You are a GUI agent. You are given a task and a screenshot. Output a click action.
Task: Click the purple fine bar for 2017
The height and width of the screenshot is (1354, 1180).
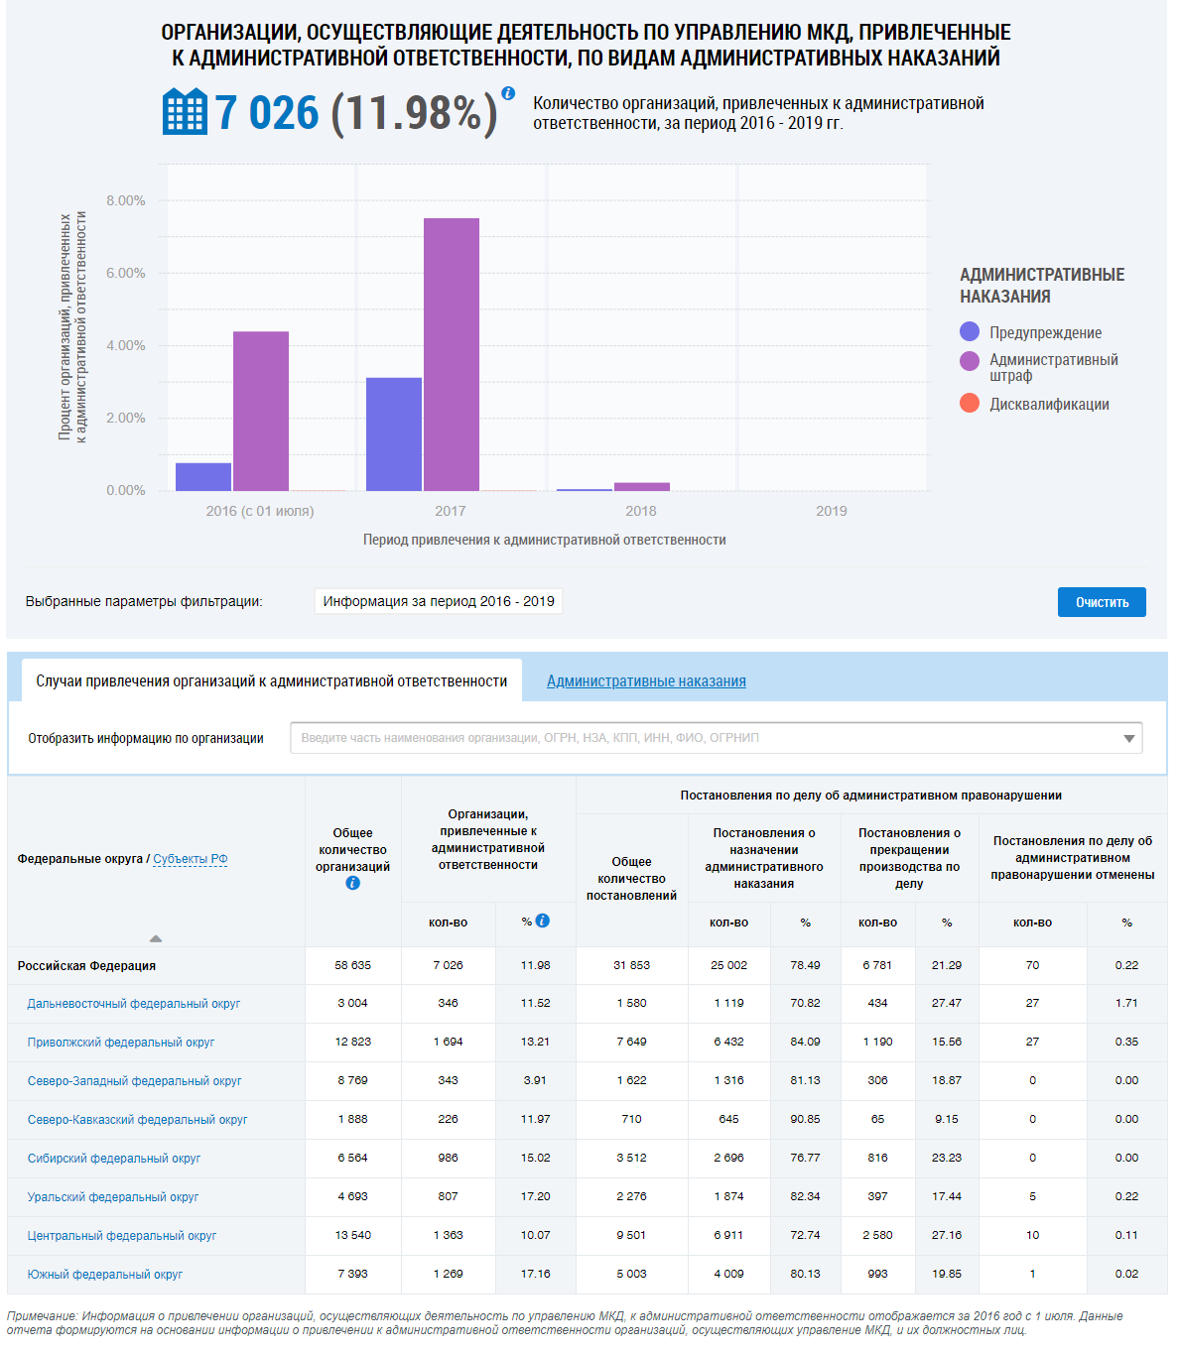(x=452, y=354)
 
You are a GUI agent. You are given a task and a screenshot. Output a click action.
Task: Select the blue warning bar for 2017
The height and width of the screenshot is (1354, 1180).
(x=394, y=433)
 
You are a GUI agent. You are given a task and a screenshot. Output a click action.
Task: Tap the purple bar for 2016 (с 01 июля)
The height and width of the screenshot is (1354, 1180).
(x=261, y=411)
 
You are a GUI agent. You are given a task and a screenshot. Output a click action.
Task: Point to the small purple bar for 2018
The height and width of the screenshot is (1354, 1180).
(x=642, y=486)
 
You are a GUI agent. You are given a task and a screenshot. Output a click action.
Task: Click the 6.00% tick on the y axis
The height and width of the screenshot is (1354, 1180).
(x=126, y=273)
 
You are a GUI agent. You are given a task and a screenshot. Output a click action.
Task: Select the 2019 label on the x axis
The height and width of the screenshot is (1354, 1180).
(x=832, y=511)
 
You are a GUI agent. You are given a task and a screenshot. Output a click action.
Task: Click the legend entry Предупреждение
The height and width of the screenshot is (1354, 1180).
(x=1045, y=332)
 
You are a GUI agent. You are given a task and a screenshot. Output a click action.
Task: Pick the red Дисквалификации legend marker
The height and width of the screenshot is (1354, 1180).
(x=970, y=403)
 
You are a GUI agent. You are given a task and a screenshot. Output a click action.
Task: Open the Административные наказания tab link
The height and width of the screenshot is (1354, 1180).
(x=646, y=681)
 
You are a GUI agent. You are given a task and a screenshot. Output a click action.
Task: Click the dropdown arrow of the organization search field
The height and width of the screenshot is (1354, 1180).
(x=1128, y=738)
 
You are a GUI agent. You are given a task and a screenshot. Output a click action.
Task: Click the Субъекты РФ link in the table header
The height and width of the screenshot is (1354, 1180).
(x=190, y=859)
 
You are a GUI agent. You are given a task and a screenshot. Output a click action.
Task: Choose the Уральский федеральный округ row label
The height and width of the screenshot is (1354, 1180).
(x=113, y=1197)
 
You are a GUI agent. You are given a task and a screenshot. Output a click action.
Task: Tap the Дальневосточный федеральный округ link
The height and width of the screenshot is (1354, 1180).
(x=134, y=1004)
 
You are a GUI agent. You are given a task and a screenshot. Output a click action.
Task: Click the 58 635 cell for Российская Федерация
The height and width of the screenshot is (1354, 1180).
(x=352, y=965)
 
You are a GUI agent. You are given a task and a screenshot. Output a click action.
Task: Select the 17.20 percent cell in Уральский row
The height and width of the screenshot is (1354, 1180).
(x=535, y=1196)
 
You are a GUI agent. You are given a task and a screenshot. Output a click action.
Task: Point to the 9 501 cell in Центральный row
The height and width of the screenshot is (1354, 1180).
(x=631, y=1235)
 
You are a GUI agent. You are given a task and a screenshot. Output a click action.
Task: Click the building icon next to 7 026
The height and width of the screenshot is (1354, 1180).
(x=185, y=111)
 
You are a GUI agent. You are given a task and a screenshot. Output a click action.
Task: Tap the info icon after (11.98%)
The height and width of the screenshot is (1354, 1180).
(x=508, y=93)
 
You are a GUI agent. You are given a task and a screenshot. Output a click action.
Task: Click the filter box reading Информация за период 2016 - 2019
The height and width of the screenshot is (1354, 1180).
(x=439, y=601)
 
